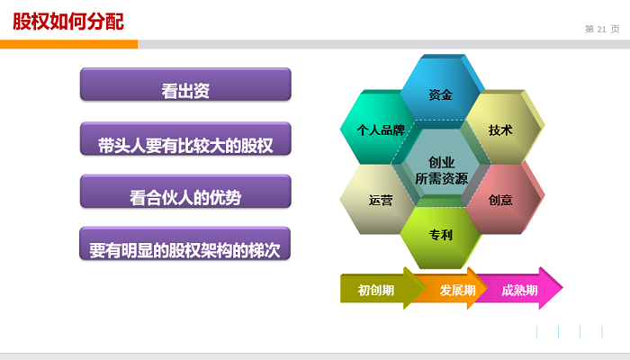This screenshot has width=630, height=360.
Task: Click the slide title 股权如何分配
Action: [x=68, y=22]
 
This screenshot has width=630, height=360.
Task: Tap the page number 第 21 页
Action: [x=602, y=29]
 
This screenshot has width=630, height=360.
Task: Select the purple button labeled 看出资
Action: [x=185, y=85]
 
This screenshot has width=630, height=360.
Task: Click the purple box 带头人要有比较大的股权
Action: [x=185, y=139]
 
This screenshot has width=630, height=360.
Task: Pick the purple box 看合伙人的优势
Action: [x=185, y=191]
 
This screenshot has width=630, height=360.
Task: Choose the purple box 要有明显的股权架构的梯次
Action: [x=184, y=244]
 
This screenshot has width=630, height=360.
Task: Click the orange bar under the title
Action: [x=68, y=44]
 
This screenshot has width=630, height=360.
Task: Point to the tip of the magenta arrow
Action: [x=562, y=288]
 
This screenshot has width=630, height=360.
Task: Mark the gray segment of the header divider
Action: [x=383, y=44]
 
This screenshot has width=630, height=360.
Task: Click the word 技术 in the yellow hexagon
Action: [x=500, y=130]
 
